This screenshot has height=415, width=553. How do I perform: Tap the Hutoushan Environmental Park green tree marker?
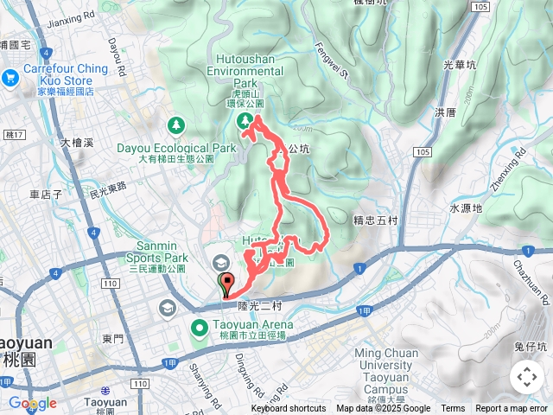click(x=245, y=119)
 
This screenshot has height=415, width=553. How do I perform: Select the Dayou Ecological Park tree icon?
click(x=177, y=126)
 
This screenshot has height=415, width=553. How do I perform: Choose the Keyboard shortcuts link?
click(x=289, y=409)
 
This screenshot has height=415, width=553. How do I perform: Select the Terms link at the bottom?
click(x=453, y=409)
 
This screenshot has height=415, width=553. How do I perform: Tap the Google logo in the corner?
click(x=33, y=403)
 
